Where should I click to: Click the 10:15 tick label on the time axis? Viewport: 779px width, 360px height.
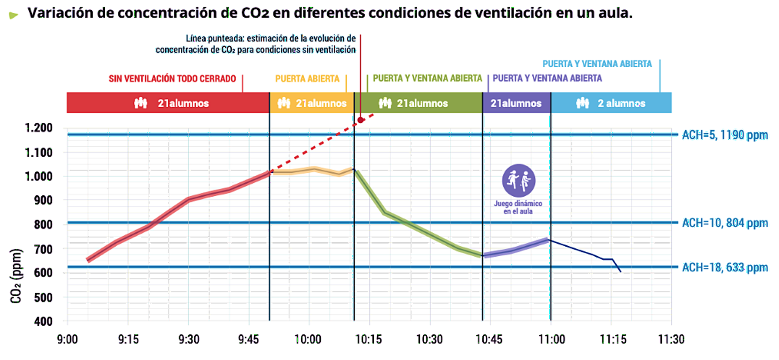(369, 340)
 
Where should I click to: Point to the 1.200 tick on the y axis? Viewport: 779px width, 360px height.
(39, 128)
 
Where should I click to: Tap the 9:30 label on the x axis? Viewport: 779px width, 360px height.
(189, 340)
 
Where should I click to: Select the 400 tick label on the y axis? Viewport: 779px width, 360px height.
(43, 321)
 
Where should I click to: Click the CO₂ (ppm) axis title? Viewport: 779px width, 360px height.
(16, 276)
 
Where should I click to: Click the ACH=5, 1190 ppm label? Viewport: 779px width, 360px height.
(725, 135)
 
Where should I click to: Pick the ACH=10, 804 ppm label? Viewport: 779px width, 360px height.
(725, 223)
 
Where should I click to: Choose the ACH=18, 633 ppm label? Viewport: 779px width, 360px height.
(725, 268)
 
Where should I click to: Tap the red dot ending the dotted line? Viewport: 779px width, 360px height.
(361, 120)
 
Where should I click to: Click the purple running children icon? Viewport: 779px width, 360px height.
(519, 180)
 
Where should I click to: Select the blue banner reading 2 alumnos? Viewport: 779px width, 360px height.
(611, 103)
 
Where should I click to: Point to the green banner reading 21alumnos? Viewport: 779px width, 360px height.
(418, 103)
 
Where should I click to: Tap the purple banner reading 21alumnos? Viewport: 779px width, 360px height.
(516, 103)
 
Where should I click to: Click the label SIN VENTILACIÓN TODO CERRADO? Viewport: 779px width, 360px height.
(172, 79)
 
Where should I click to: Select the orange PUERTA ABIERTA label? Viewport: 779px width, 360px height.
(307, 79)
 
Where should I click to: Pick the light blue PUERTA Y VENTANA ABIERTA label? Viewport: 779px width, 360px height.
(597, 64)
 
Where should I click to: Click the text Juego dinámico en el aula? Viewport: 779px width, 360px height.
(518, 207)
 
